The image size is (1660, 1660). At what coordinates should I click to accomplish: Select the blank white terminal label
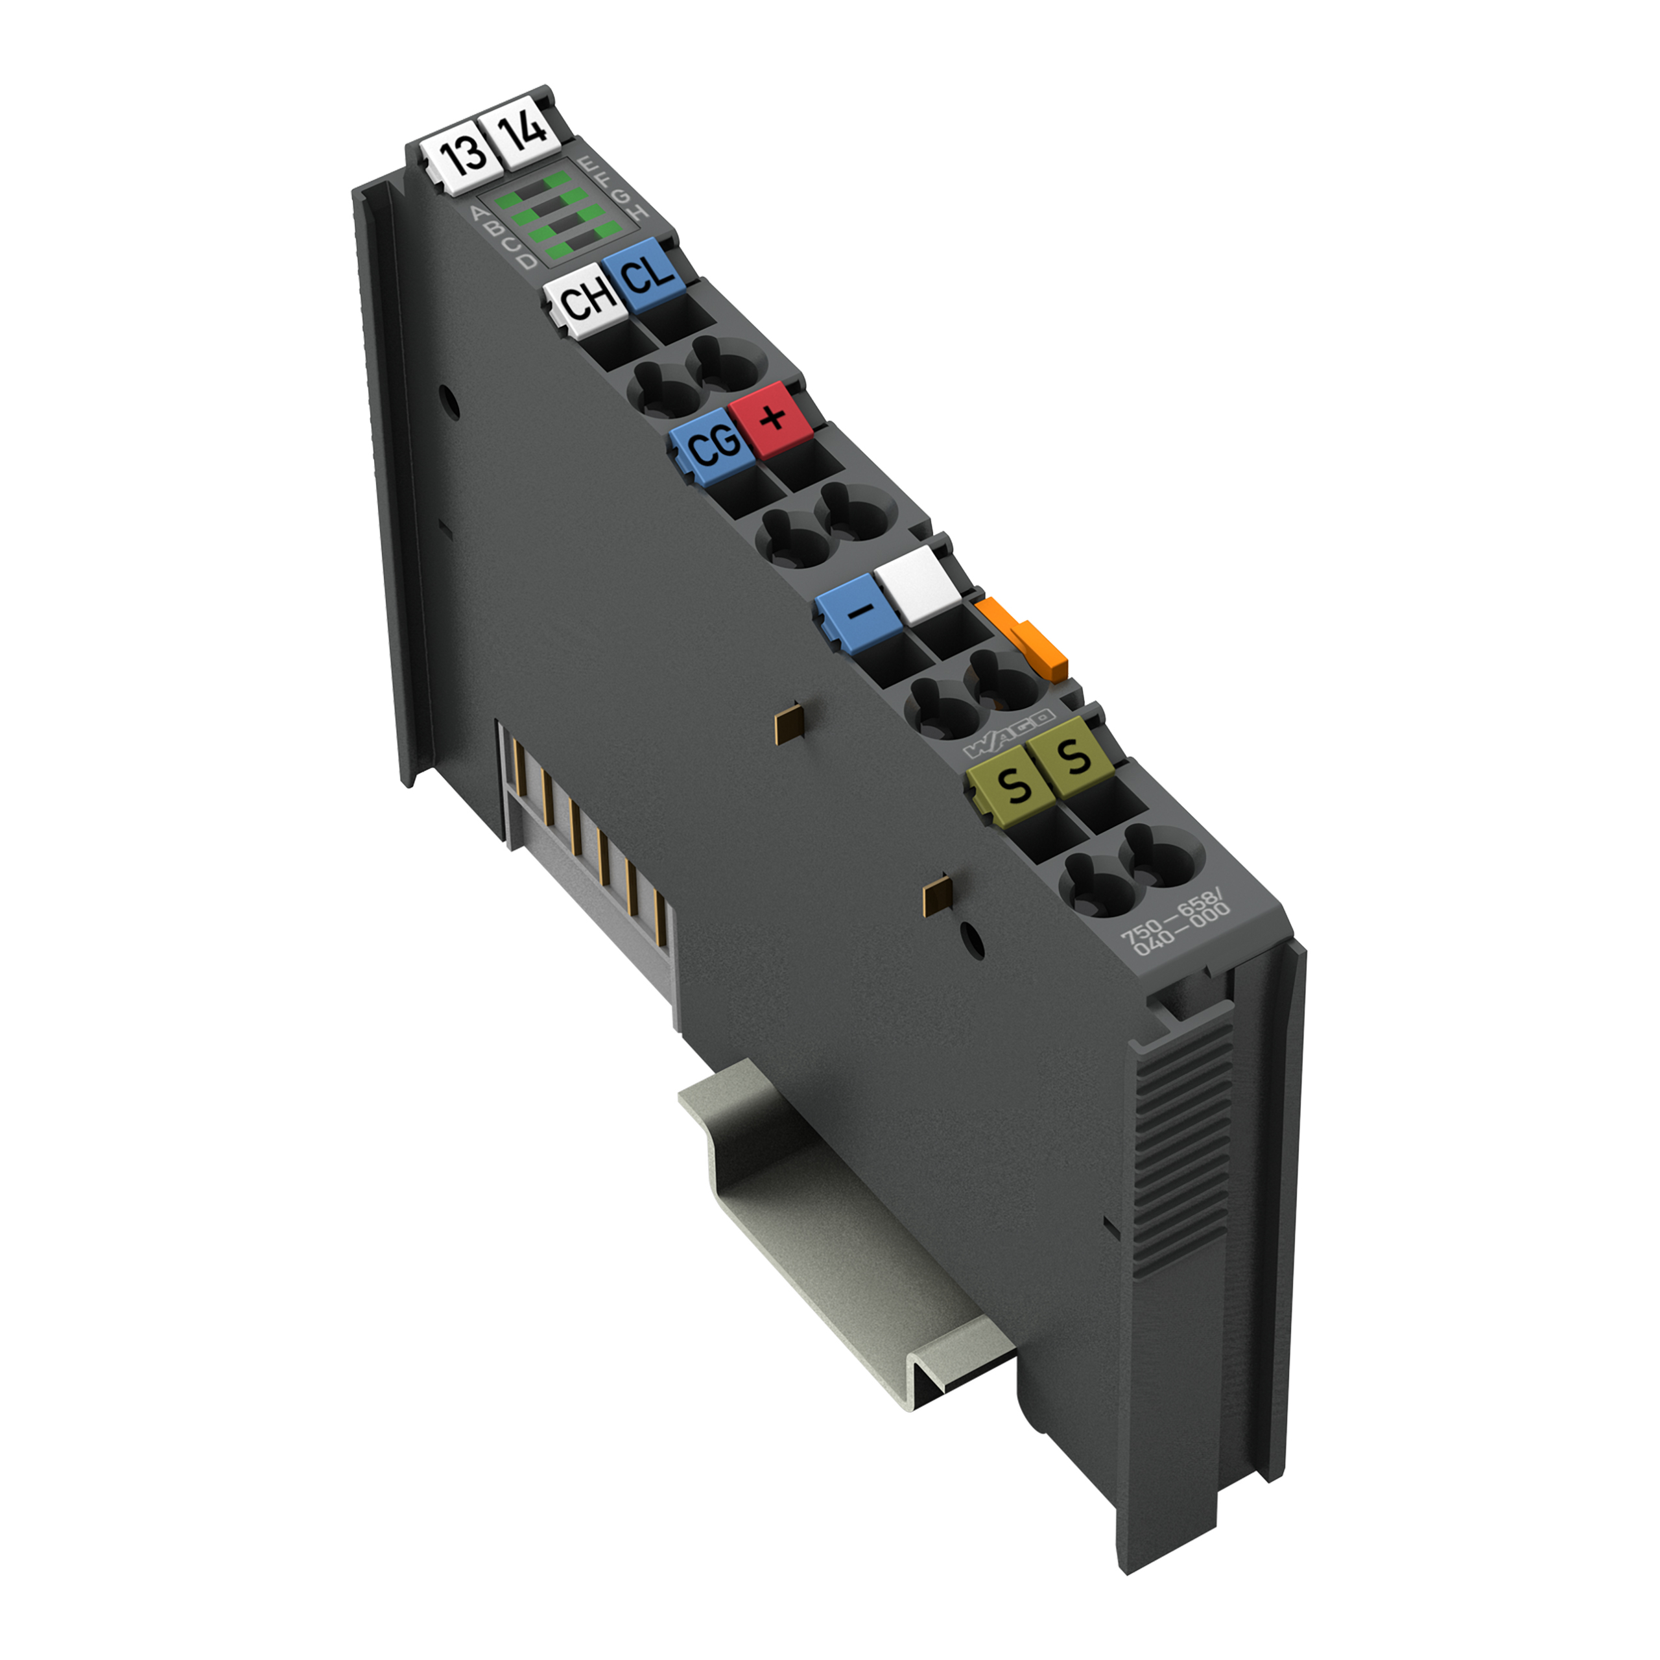(x=917, y=584)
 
